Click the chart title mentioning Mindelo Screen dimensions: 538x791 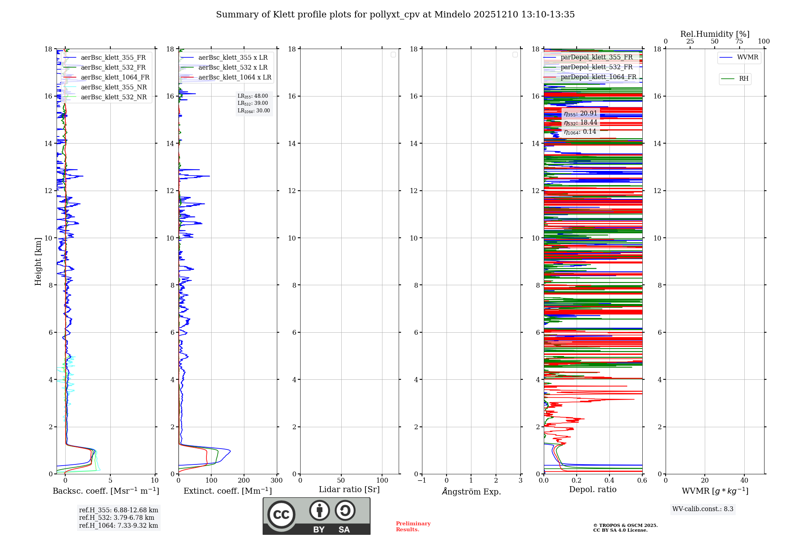tap(395, 15)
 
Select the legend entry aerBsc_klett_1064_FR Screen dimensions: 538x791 tap(115, 78)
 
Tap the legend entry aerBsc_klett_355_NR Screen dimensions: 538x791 tap(114, 87)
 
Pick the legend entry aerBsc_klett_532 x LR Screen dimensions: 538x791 tap(233, 68)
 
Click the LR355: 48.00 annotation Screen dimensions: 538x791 tap(253, 96)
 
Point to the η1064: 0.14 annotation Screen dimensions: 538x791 tap(580, 132)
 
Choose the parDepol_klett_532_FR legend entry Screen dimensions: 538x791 tap(596, 67)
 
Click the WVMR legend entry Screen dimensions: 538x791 tap(747, 57)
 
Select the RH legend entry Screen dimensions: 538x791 tap(743, 79)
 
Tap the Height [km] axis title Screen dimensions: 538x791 tap(38, 261)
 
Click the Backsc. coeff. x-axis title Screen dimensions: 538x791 tap(106, 491)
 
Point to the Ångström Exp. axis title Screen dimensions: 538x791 tap(471, 491)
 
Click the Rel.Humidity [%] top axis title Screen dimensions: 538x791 tap(715, 34)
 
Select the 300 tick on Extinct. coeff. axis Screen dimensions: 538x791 tap(276, 480)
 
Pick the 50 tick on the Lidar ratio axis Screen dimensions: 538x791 tap(341, 480)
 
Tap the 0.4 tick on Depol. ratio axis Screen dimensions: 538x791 tap(609, 480)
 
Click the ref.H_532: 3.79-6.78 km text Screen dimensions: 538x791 tap(117, 518)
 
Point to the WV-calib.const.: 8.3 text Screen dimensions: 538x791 tap(702, 509)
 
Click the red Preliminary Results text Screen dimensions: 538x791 tap(413, 527)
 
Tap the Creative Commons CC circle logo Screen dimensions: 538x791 tap(281, 515)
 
